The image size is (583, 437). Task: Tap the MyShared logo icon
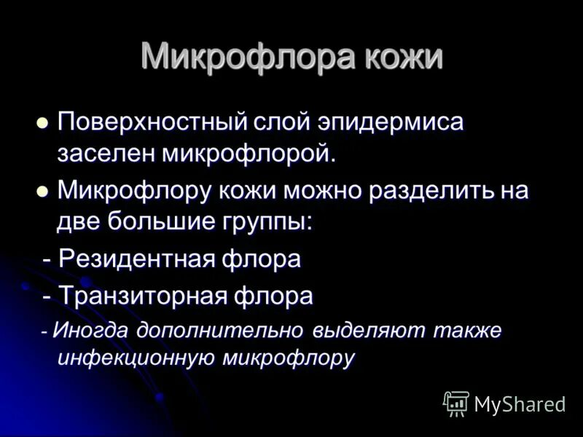[x=456, y=403]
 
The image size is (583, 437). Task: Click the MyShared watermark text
[x=520, y=404]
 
